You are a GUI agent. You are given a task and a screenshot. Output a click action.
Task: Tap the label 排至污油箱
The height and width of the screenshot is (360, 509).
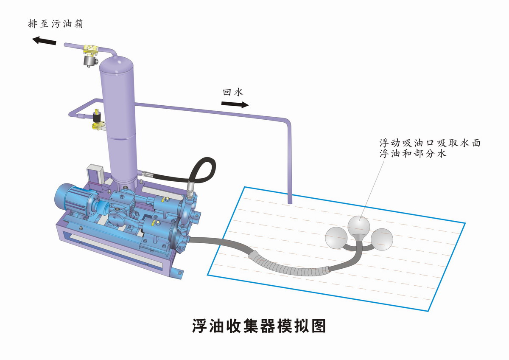click(x=55, y=23)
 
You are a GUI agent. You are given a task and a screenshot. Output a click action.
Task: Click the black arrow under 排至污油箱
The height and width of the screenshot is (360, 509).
click(x=45, y=41)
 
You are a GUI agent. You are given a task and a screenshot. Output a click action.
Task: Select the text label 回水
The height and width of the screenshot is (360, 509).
click(x=233, y=92)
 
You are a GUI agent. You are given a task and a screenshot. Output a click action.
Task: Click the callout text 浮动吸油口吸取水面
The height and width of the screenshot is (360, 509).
click(x=430, y=143)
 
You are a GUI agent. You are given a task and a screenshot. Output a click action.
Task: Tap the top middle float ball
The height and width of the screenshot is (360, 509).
click(x=359, y=225)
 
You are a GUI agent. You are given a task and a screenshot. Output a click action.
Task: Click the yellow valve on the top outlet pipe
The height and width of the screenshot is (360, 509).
click(x=91, y=52)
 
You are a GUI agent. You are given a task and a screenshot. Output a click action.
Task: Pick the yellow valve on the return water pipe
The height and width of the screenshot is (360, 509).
click(x=98, y=121)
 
